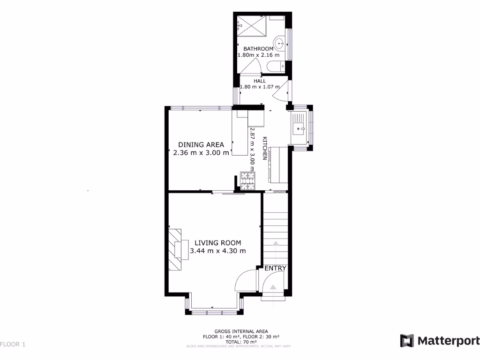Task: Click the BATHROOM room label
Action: pyautogui.click(x=258, y=49)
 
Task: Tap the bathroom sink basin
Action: pyautogui.click(x=279, y=45)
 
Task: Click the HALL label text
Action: pyautogui.click(x=260, y=81)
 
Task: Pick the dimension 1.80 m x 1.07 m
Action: pyautogui.click(x=260, y=87)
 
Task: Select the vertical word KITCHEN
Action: pyautogui.click(x=264, y=149)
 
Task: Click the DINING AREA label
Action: pyautogui.click(x=201, y=144)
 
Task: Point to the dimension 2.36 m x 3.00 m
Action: pyautogui.click(x=201, y=152)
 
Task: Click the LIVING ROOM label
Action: pyautogui.click(x=218, y=243)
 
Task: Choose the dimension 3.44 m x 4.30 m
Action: pyautogui.click(x=218, y=251)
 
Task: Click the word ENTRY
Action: pyautogui.click(x=275, y=268)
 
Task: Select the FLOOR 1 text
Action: pyautogui.click(x=13, y=345)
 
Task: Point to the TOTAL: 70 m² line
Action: pyautogui.click(x=241, y=342)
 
